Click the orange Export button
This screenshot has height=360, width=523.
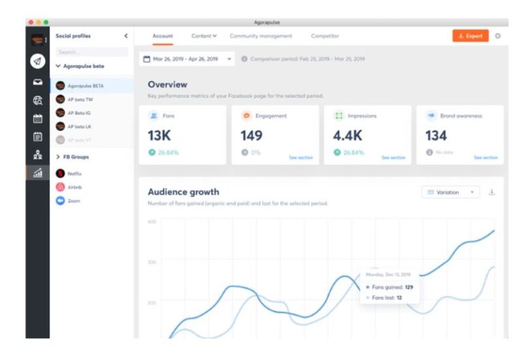pos(470,36)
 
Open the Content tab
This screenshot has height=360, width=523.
pos(204,36)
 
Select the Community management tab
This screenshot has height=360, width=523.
pos(261,36)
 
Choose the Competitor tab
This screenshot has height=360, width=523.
pos(325,36)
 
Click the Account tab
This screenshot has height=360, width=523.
pos(163,36)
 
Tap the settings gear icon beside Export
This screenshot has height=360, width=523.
pos(498,36)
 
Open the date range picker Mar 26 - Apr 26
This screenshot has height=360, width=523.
pos(187,59)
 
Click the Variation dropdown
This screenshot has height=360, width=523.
pos(450,193)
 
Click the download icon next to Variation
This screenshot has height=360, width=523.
pos(492,193)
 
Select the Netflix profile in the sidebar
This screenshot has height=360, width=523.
pos(75,174)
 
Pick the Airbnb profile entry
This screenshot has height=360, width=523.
pos(75,187)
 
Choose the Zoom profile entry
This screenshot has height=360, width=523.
pos(74,201)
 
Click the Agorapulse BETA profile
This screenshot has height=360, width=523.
pos(85,86)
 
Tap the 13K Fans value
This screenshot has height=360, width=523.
pos(159,135)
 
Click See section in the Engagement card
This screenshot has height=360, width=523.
pos(301,157)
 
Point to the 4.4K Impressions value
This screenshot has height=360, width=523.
pos(347,135)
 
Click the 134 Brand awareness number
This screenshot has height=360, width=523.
pos(436,135)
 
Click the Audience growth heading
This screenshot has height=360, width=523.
pos(183,192)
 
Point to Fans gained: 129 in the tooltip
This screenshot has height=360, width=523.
pos(392,287)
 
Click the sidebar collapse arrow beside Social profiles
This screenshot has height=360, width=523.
pos(126,36)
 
